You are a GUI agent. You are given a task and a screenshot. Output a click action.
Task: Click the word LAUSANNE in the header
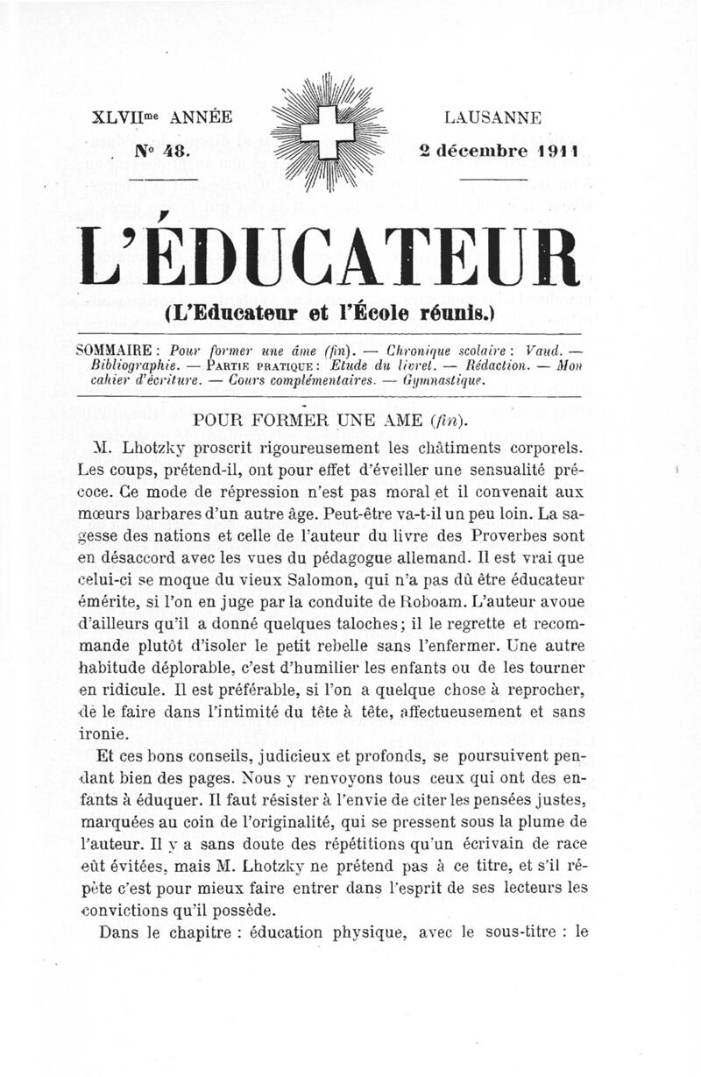click(492, 117)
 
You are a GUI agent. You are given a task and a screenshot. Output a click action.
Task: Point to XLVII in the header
click(124, 117)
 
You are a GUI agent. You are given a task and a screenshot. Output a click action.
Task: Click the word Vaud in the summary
click(549, 348)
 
